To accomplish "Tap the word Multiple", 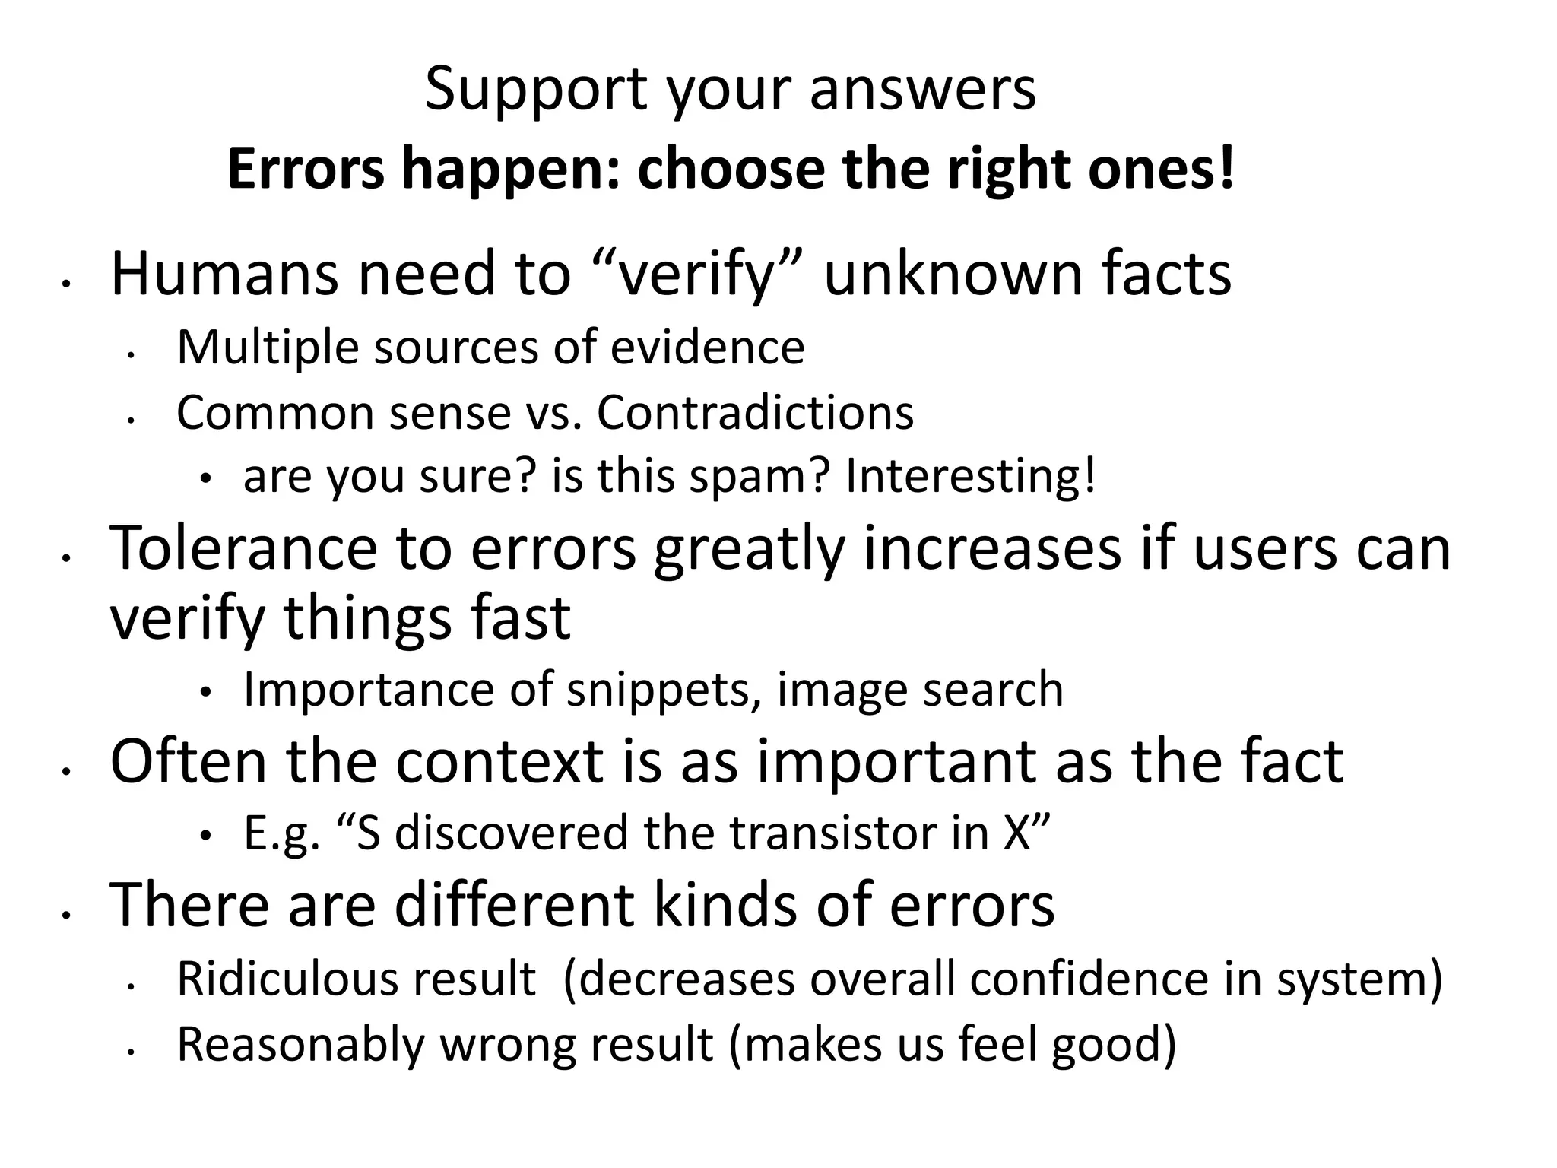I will pyautogui.click(x=267, y=348).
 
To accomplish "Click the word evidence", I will pyautogui.click(x=708, y=348).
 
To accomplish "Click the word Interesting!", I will pyautogui.click(x=971, y=477).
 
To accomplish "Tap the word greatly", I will pyautogui.click(x=749, y=549).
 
